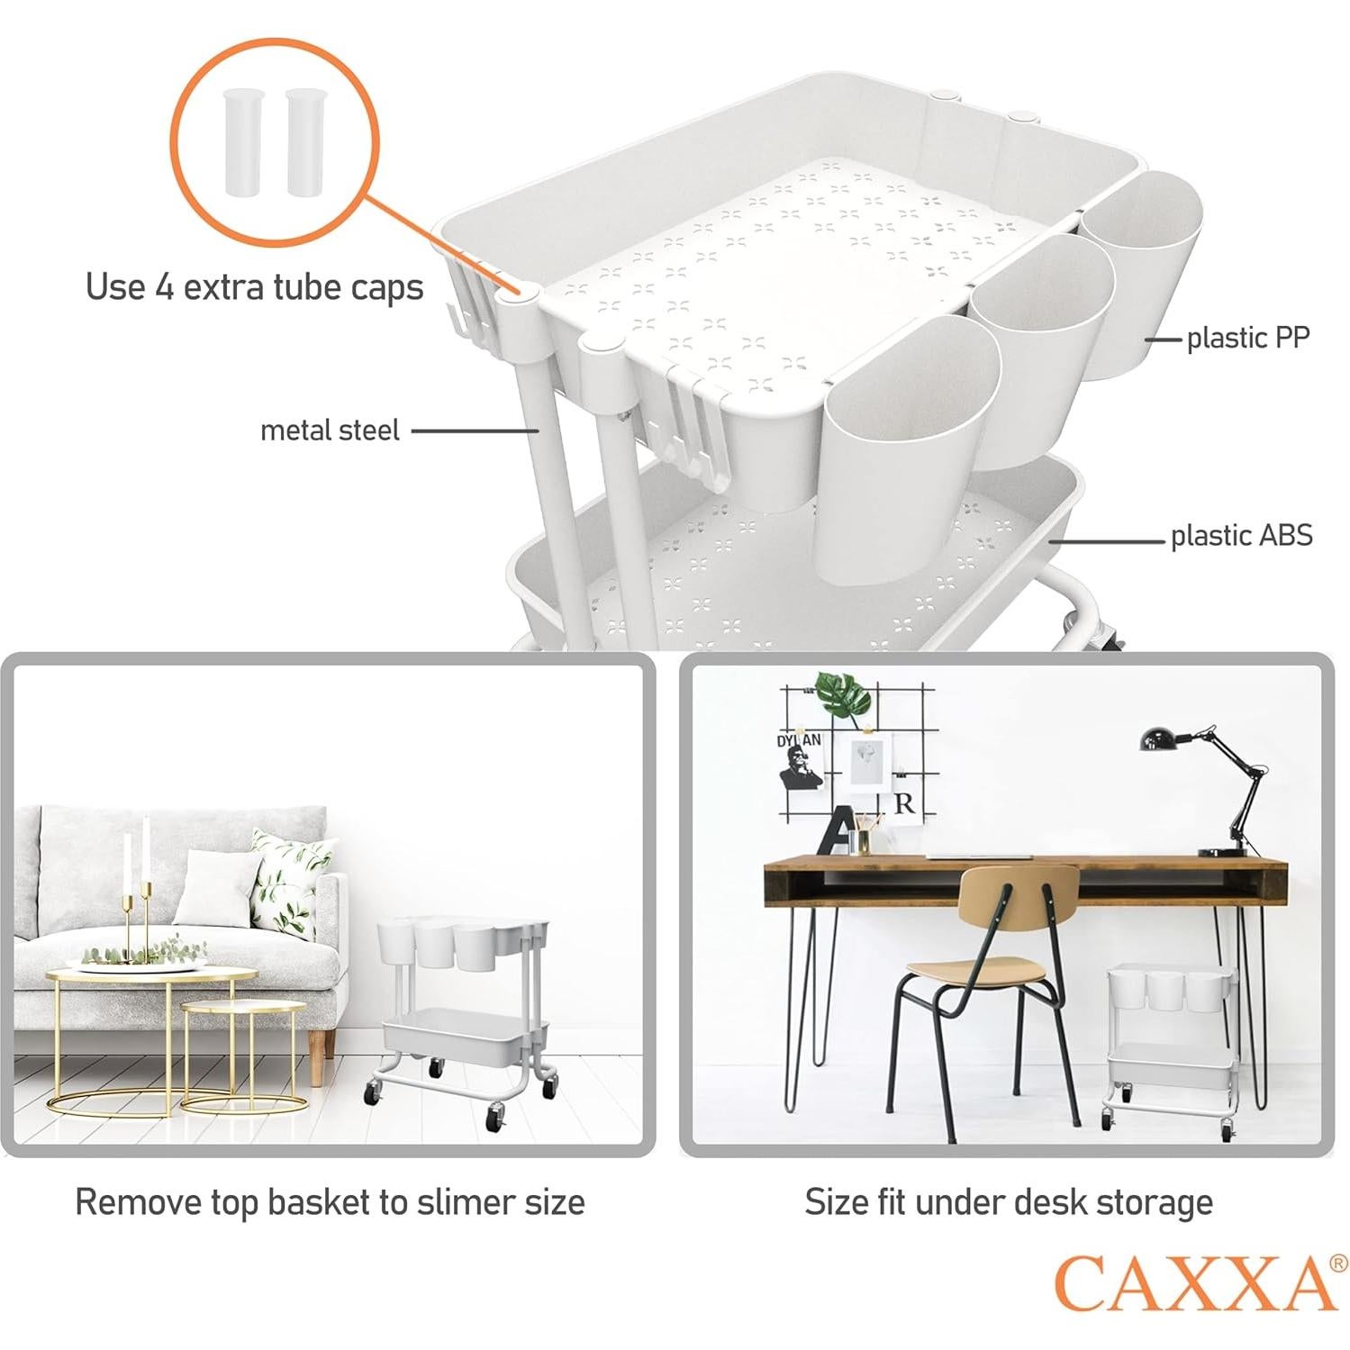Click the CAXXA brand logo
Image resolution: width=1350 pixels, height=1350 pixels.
(1196, 1282)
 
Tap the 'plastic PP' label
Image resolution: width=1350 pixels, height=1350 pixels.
(1247, 338)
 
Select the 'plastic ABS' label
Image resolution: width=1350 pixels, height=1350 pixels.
(1241, 536)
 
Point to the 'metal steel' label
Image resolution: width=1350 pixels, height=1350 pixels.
(330, 430)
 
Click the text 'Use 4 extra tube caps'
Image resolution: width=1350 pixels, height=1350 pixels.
(254, 287)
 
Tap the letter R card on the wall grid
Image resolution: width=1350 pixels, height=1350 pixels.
(904, 803)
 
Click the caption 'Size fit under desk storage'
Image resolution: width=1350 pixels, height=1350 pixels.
(1008, 1202)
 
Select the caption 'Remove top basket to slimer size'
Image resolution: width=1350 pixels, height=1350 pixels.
(330, 1202)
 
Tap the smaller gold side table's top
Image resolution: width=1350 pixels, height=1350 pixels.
(242, 1006)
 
